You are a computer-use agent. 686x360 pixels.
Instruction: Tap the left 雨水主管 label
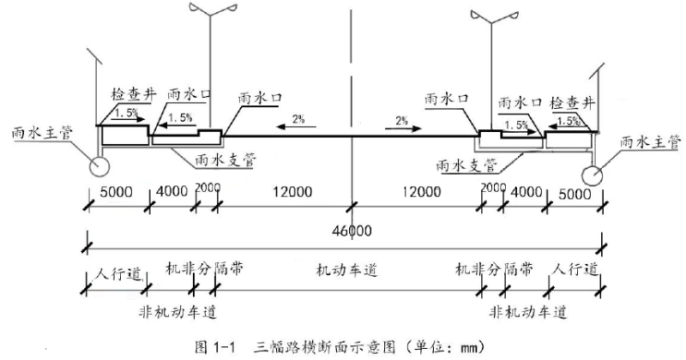coord(39,134)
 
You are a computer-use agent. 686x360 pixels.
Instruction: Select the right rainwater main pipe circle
coord(593,174)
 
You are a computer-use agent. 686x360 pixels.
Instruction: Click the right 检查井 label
coord(574,102)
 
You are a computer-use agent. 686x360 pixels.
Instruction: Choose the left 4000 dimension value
coord(171,191)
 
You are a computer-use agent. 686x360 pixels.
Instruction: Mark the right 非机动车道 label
coord(528,309)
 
